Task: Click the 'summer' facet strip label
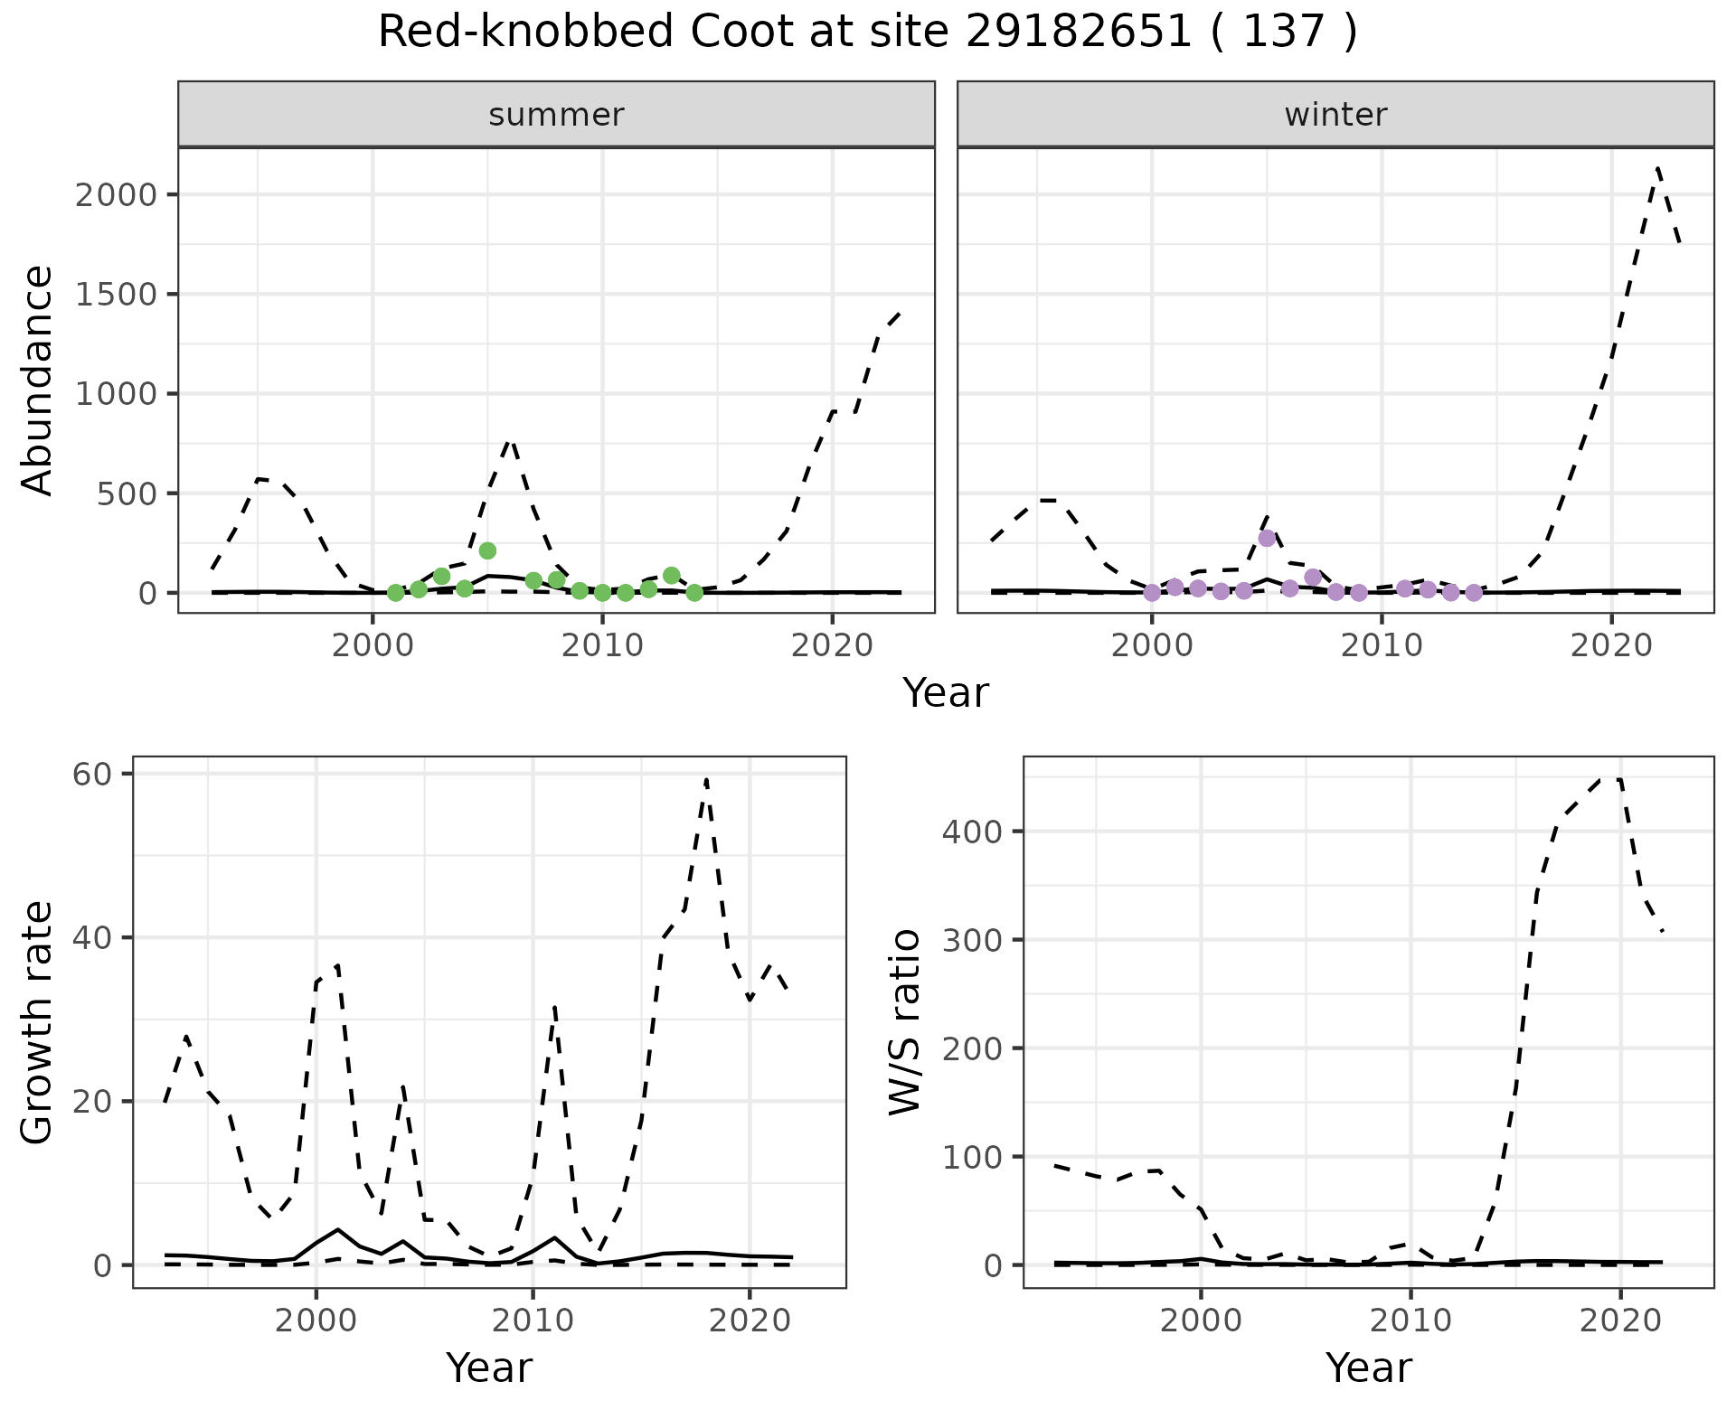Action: click(556, 115)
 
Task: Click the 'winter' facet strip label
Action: click(1335, 115)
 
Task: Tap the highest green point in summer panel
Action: click(487, 550)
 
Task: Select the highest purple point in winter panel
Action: click(1267, 538)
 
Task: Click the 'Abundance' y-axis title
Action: click(38, 381)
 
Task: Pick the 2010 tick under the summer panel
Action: click(602, 646)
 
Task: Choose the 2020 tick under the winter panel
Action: click(1611, 646)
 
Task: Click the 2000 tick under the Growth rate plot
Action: click(316, 1321)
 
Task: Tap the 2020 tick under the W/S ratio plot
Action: click(1619, 1321)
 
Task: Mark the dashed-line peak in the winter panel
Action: click(1657, 167)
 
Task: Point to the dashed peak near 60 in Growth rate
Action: click(706, 777)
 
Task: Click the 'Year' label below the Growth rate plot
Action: click(489, 1368)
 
